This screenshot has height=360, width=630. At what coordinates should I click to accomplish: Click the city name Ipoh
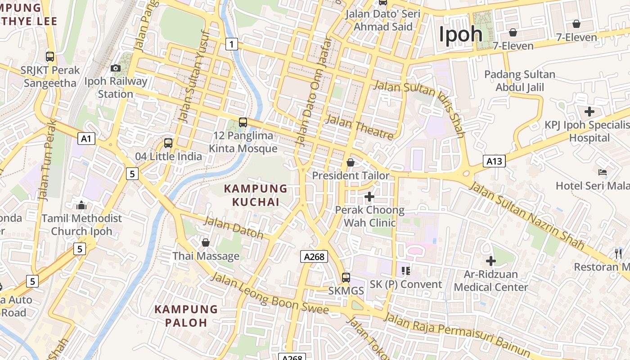coord(460,34)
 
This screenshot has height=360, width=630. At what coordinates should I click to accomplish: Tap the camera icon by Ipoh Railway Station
coord(116,68)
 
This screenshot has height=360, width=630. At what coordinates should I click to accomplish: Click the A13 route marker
coord(494,161)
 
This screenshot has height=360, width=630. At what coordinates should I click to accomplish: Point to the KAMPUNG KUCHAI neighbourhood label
coord(256,195)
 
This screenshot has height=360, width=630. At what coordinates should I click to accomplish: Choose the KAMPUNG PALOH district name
coord(186,316)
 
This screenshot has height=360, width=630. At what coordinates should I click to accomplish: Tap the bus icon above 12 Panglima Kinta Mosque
coord(243,122)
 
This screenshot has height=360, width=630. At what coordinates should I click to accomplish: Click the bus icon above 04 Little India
coord(168,143)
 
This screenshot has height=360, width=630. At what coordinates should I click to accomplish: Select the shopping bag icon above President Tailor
coord(351,162)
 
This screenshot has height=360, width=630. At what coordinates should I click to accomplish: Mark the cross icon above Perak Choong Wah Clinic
coord(369,197)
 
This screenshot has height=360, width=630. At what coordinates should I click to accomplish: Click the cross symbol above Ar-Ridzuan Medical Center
coord(491,261)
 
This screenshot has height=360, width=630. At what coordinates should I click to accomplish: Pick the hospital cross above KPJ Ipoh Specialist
coord(589,112)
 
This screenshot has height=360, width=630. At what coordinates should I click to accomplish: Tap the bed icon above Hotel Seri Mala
coord(603,172)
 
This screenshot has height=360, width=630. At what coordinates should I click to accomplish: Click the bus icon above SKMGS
coord(346,277)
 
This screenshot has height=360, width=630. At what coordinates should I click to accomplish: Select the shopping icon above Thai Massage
coord(206,243)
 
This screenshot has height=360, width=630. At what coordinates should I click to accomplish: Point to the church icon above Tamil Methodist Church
coord(81,205)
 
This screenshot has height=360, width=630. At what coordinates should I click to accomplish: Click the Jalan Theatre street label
coord(359,126)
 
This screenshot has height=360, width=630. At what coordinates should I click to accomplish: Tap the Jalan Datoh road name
coord(234,227)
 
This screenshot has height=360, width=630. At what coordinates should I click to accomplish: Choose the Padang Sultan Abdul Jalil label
coord(520,81)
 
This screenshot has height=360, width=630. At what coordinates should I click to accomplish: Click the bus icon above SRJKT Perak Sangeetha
coord(50,57)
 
